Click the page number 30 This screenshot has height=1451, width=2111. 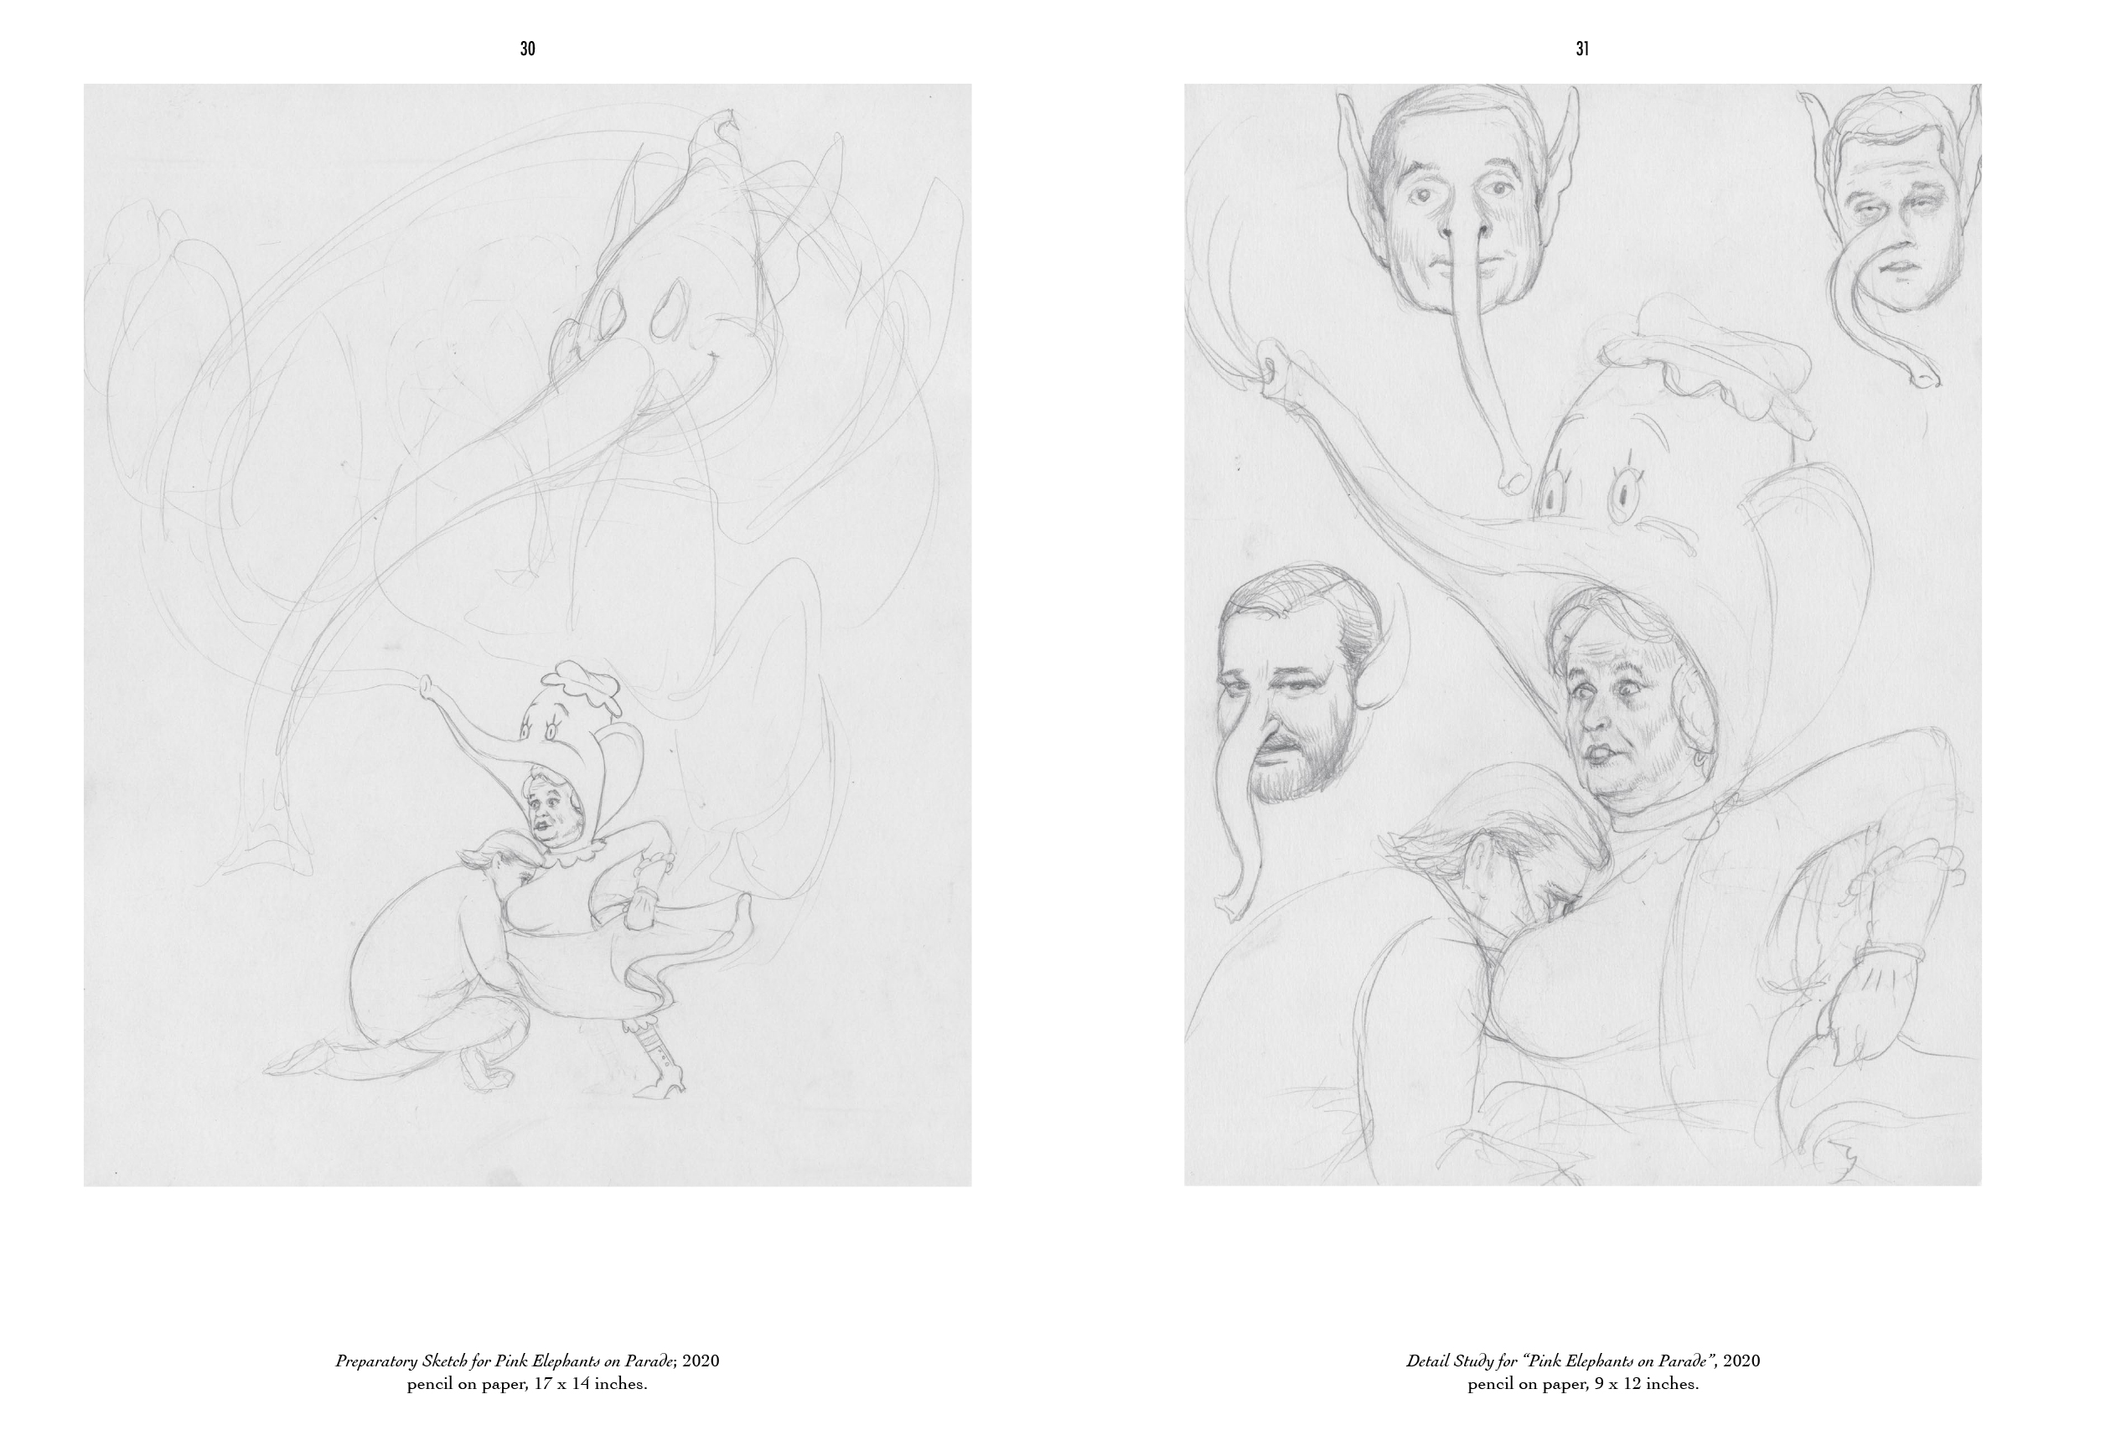(x=527, y=50)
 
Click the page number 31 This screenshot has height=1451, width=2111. (x=1582, y=50)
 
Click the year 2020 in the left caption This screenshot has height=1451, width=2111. (x=701, y=1387)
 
